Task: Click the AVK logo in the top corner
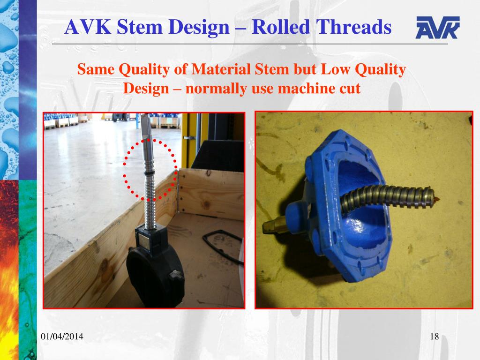click(437, 28)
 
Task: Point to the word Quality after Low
click(379, 70)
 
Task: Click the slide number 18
click(434, 337)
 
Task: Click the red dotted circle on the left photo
click(150, 170)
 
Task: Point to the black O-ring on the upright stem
click(149, 174)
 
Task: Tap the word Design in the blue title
click(197, 27)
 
